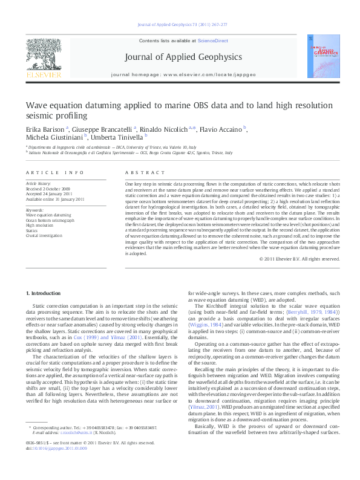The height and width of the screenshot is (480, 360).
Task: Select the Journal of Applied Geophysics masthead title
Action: (x=183, y=57)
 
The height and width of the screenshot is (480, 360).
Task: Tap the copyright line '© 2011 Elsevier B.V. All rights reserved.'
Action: (x=283, y=259)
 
